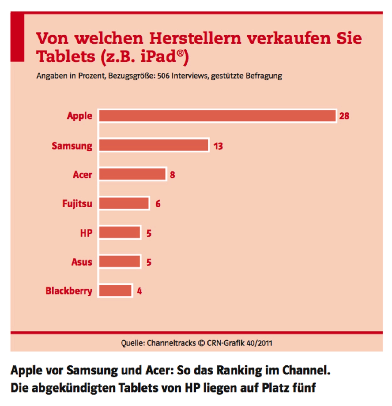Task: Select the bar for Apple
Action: (217, 116)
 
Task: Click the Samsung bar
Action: (154, 145)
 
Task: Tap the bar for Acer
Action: (132, 174)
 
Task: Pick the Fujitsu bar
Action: (124, 203)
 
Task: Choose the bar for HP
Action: (120, 233)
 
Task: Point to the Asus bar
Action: (120, 262)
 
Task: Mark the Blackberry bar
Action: (115, 291)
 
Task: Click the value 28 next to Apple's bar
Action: (344, 116)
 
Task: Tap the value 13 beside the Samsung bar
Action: (218, 146)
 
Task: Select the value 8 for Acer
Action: (172, 175)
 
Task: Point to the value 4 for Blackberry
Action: (139, 291)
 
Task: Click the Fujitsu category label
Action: (77, 204)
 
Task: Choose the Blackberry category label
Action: (69, 291)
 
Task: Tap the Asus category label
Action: (82, 262)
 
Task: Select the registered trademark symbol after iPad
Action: (180, 53)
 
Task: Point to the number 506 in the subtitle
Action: (163, 76)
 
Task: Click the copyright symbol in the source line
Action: (201, 343)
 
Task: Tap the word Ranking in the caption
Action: (239, 371)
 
